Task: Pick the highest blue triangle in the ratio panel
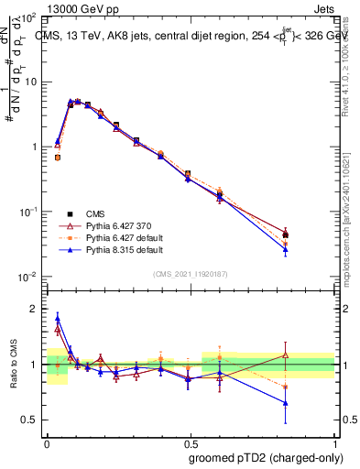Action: (x=58, y=318)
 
